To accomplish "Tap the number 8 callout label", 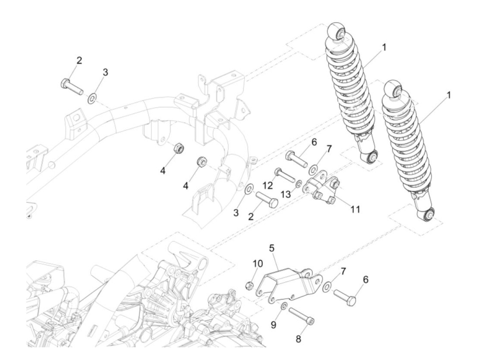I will click(x=298, y=339).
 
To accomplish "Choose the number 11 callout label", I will click(x=355, y=209).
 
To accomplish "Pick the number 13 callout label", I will click(x=286, y=194).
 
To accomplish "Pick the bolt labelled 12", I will click(x=284, y=175).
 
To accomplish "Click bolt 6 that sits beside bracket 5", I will click(x=345, y=297).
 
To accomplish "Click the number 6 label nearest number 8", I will click(x=366, y=280).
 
